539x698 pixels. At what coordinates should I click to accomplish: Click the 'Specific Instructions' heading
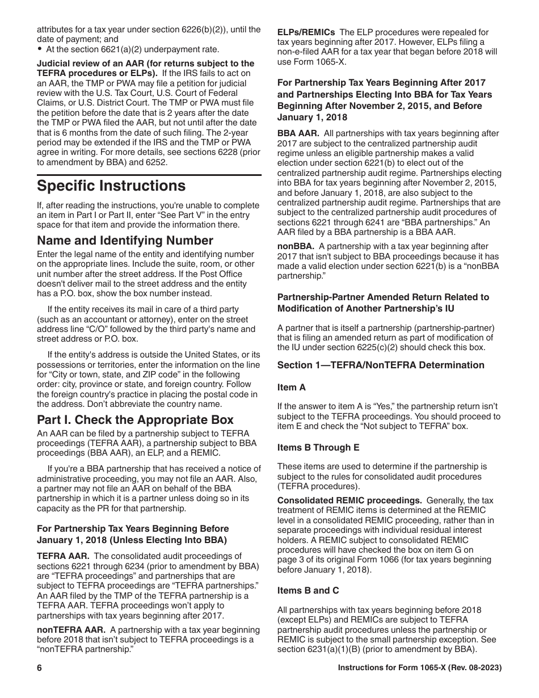(111, 186)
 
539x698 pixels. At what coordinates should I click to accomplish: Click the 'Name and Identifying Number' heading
(125, 241)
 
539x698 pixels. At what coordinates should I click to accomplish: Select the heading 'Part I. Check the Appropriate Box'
(135, 420)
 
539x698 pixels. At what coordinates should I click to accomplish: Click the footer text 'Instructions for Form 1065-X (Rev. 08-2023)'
(419, 668)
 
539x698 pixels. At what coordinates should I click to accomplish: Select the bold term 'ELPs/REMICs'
(306, 32)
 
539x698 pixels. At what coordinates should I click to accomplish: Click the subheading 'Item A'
(291, 387)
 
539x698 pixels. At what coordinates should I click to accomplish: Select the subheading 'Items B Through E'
(318, 447)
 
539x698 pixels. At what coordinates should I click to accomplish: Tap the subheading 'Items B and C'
(308, 590)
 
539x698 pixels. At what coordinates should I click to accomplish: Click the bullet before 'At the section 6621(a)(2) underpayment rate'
(39, 49)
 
